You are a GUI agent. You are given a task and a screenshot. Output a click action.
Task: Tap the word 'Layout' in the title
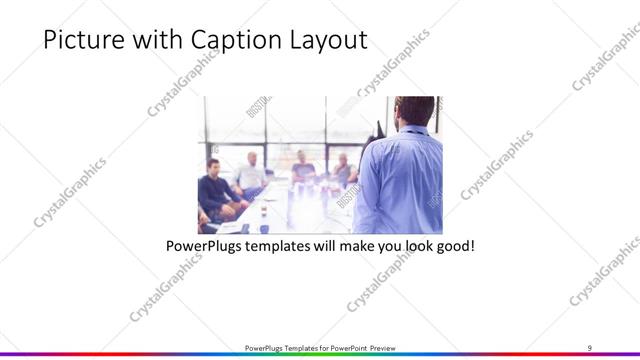pyautogui.click(x=324, y=40)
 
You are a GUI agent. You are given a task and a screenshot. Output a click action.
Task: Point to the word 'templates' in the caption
pyautogui.click(x=288, y=244)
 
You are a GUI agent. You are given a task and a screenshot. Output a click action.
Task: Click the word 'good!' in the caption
pyautogui.click(x=452, y=244)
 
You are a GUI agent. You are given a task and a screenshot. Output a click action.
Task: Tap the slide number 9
pyautogui.click(x=589, y=347)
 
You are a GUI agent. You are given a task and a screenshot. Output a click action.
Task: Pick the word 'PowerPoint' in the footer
pyautogui.click(x=347, y=348)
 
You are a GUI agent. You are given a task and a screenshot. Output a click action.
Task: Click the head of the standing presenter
pyautogui.click(x=412, y=111)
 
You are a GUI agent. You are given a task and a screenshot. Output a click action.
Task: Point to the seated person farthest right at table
pyautogui.click(x=343, y=170)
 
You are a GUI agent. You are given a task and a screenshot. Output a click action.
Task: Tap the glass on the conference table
pyautogui.click(x=264, y=225)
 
